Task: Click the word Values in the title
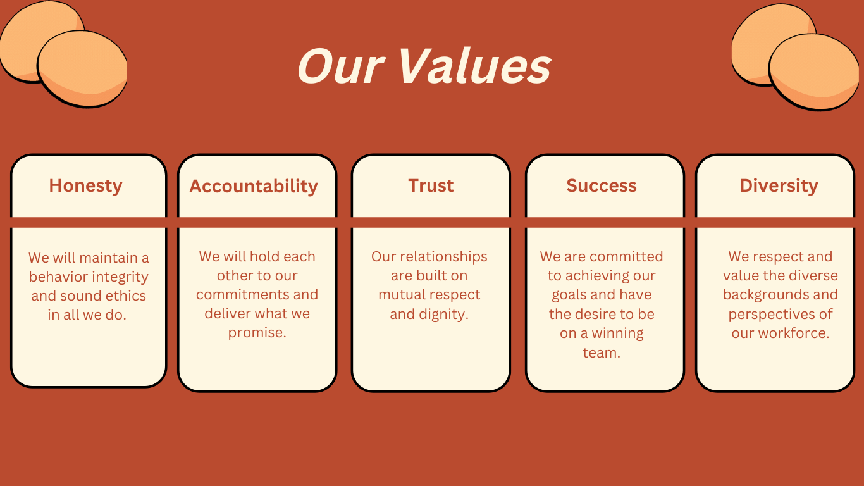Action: click(475, 66)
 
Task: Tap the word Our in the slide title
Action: click(341, 66)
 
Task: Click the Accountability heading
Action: click(254, 187)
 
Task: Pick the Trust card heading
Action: click(431, 185)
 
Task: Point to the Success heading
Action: click(602, 185)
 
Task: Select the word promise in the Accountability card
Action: click(256, 333)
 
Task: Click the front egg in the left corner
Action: click(82, 69)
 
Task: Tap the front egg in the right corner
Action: click(814, 72)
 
